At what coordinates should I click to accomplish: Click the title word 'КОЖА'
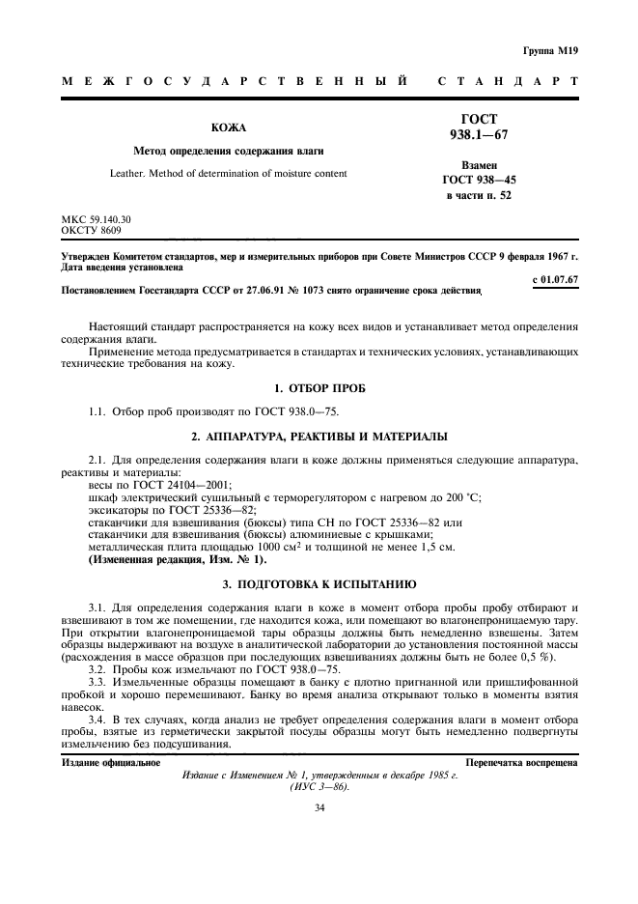tap(229, 127)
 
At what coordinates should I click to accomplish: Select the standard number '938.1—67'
tap(480, 135)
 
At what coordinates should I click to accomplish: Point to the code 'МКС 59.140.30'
tap(97, 220)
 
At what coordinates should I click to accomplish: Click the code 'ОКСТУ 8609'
tap(92, 231)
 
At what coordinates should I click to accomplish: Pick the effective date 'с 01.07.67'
tap(555, 279)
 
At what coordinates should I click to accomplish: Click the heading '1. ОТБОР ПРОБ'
tap(319, 388)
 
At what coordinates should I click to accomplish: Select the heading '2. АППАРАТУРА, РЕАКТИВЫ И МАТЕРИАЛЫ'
tap(319, 437)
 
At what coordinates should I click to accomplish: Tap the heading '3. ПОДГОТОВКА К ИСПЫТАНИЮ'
tap(319, 584)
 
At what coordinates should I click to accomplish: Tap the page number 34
tap(319, 807)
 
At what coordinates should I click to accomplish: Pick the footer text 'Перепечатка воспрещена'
tap(521, 763)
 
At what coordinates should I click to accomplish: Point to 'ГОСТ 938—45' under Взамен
tap(480, 179)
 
